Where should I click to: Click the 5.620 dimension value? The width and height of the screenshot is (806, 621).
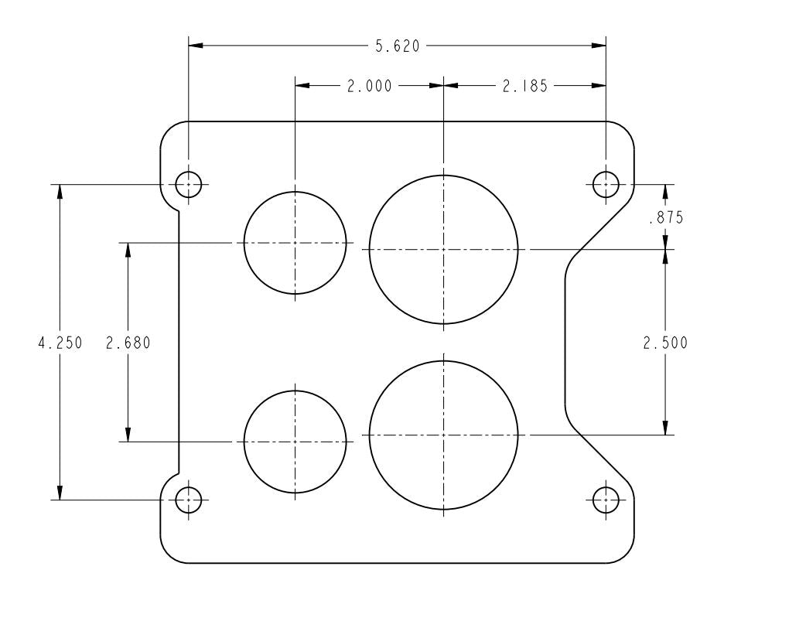click(398, 46)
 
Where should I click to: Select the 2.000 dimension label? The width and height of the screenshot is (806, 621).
click(369, 87)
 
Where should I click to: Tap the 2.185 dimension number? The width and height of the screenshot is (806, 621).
click(524, 87)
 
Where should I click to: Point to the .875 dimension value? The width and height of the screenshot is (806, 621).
click(665, 218)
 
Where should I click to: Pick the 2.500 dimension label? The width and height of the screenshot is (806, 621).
click(665, 343)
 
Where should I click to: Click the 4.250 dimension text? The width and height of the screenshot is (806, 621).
click(60, 343)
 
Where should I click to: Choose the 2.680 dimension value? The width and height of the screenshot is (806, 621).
click(128, 343)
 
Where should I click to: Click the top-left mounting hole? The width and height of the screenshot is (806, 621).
click(189, 184)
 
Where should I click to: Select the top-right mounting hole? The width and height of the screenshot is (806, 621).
click(606, 184)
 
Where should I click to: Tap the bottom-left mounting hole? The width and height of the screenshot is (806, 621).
click(189, 500)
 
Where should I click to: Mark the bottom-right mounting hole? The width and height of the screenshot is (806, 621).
click(606, 500)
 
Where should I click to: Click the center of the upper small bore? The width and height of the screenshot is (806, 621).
click(295, 243)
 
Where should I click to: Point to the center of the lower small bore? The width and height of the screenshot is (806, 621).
click(295, 442)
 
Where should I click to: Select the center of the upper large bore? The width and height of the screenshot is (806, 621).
click(443, 249)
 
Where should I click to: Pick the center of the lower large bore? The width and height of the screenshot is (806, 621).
click(443, 435)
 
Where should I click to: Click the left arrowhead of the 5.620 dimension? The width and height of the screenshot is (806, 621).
click(196, 46)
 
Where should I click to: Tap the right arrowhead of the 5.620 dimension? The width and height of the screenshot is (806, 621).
click(599, 46)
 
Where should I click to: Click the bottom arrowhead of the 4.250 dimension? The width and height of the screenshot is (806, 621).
click(60, 493)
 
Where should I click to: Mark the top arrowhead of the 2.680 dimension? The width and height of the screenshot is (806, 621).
click(128, 250)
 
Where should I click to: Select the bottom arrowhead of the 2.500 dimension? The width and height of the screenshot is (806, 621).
click(665, 428)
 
